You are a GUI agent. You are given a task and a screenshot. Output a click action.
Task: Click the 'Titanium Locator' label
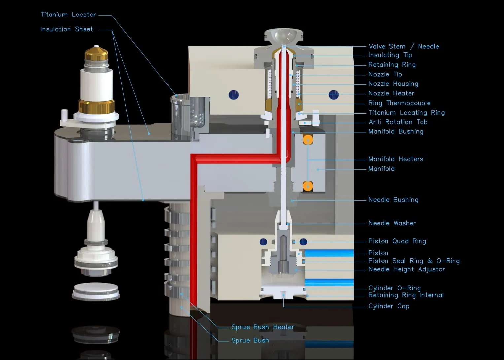[x=68, y=15]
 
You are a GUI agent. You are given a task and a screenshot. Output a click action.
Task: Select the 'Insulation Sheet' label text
[x=67, y=29]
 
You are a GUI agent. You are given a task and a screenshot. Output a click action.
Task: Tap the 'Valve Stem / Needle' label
[x=404, y=46]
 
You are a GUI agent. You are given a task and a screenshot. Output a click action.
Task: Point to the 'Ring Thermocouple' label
[x=399, y=103]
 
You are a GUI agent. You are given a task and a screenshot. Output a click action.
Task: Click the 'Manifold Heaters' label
[x=396, y=159]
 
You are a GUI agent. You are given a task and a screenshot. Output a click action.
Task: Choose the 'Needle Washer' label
[x=392, y=223]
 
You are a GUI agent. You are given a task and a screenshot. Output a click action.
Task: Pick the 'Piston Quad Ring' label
[x=397, y=241]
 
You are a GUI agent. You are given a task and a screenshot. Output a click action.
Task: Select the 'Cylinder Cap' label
[x=388, y=306]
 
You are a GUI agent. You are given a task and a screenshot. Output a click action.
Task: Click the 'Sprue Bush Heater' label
[x=263, y=327]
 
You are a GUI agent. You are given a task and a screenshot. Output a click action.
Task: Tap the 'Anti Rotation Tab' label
[x=398, y=122]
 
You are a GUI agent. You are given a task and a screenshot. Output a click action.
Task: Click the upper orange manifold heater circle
[x=308, y=140]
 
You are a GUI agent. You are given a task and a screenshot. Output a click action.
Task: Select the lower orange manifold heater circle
[x=308, y=186]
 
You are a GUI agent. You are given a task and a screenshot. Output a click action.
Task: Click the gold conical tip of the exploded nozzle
[x=96, y=53]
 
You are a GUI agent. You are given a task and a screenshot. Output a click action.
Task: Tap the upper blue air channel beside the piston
[x=329, y=253]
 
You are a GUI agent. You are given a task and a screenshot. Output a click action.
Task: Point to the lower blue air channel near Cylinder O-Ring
[x=329, y=282]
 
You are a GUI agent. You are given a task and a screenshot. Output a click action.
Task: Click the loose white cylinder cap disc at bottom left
[x=96, y=292]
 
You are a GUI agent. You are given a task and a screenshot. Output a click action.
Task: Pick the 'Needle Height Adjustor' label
[x=407, y=269]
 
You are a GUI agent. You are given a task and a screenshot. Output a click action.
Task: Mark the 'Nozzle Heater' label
[x=391, y=93]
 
